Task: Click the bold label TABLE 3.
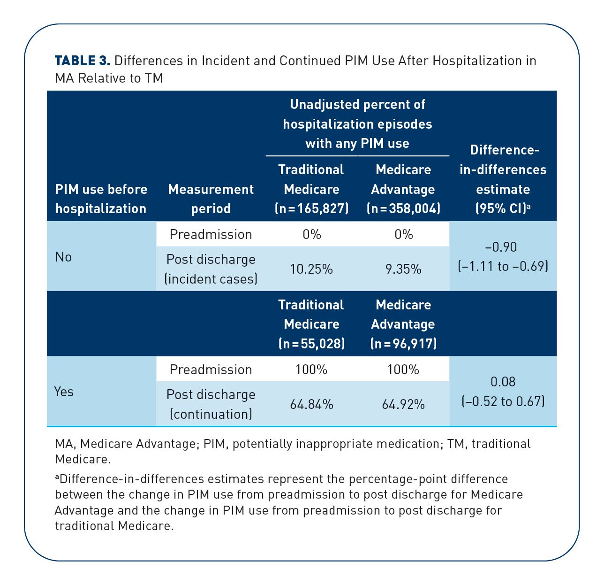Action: coord(82,61)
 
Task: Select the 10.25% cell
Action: coord(311,269)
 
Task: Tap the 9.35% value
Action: coord(403,269)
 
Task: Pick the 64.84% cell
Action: coord(311,405)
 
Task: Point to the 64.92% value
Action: coord(403,405)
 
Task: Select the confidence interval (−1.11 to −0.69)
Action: coord(503,267)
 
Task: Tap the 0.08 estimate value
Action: coord(503,382)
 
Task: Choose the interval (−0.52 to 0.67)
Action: coord(503,401)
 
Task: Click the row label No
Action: coord(63,257)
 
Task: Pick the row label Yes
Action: coord(64,392)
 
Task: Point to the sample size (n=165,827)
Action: coord(311,208)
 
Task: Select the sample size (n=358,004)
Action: coord(403,208)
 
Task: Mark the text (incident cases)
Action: coord(211,279)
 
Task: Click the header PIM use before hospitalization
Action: coord(101,199)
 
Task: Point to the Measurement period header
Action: coord(211,199)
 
